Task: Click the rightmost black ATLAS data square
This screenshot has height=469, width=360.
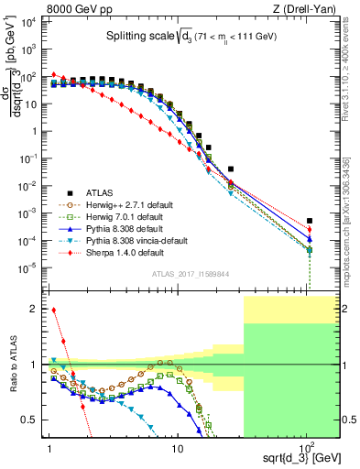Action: (x=310, y=221)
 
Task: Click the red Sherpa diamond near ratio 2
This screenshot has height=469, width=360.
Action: (x=53, y=310)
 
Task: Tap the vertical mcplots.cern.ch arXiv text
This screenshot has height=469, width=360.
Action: (x=353, y=229)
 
